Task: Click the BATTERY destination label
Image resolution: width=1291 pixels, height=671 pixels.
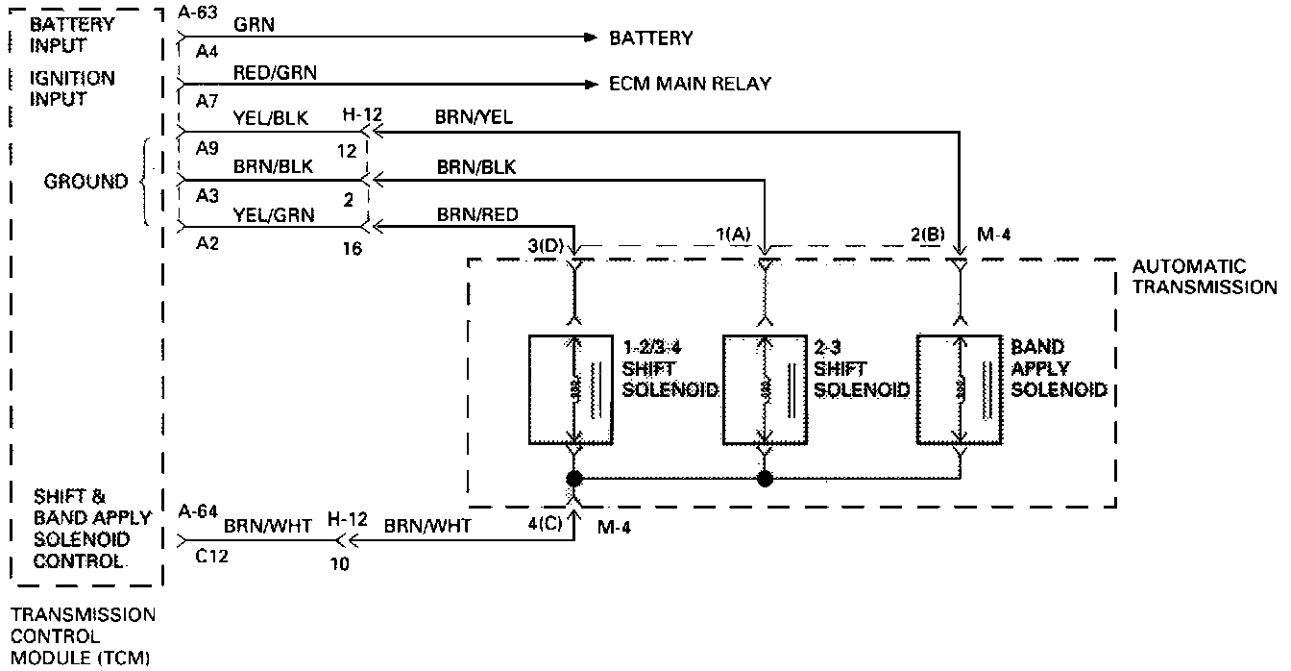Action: pos(650,38)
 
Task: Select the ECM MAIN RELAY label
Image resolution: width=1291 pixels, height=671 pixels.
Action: pos(690,84)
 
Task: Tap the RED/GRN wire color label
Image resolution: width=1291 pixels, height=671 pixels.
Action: pos(275,72)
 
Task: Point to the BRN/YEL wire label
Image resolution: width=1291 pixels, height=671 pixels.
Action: pos(475,117)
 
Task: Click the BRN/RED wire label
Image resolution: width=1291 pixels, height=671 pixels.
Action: pos(477,213)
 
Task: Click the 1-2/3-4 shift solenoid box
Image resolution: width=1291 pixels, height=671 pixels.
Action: pos(572,389)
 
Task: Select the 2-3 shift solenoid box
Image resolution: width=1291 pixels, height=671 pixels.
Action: pos(765,389)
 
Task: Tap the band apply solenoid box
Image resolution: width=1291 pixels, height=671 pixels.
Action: pos(959,389)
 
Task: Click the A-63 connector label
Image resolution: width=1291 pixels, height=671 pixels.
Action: pos(198,12)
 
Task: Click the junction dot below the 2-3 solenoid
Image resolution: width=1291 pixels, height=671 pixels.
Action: pos(765,478)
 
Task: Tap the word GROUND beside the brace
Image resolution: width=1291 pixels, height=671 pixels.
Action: pos(85,182)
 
